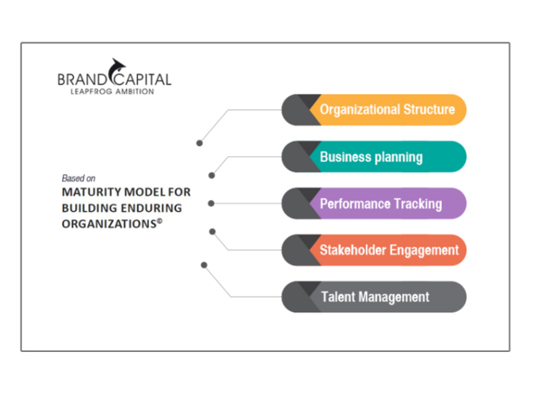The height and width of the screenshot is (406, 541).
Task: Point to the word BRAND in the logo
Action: coord(82,80)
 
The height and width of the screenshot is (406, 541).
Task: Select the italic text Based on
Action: coord(78,178)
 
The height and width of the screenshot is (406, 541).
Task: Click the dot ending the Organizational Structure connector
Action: coord(199,142)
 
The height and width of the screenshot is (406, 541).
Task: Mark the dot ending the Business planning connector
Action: coord(212,175)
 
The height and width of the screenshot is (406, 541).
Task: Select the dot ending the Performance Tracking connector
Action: coord(212,203)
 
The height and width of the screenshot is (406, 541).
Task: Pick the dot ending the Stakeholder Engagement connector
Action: coord(212,231)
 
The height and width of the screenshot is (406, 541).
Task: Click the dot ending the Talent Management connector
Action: coord(205,264)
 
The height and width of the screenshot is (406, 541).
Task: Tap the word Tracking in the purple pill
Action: coord(417,204)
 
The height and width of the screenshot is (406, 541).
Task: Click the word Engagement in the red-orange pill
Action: coord(424,250)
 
